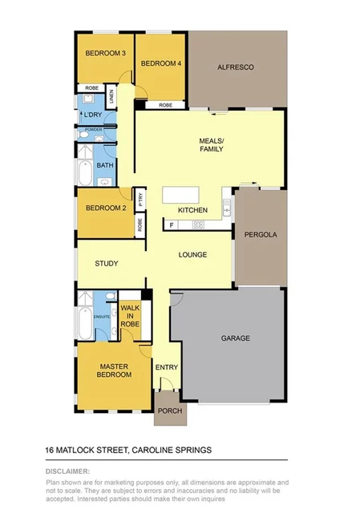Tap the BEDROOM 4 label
click(x=161, y=63)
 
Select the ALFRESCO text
click(x=235, y=67)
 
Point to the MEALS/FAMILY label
click(x=212, y=144)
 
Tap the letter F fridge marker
click(x=171, y=225)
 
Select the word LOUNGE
click(x=193, y=255)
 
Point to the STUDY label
click(x=107, y=262)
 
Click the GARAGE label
click(x=235, y=338)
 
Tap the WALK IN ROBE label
click(x=130, y=317)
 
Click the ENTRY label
click(x=168, y=367)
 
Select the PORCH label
click(x=169, y=411)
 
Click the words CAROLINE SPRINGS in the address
click(x=172, y=450)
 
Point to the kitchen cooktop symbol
click(x=197, y=225)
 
